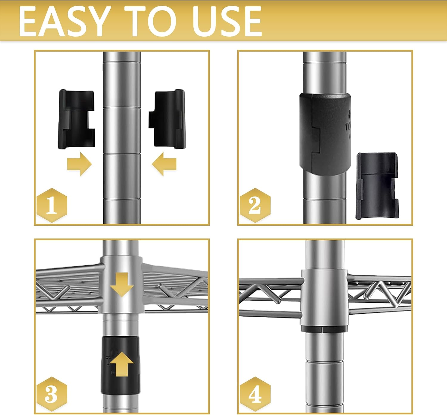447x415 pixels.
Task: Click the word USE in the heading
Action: click(227, 21)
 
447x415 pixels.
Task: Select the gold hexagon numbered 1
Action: click(52, 205)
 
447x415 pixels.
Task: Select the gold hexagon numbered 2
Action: click(255, 205)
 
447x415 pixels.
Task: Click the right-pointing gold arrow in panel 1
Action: click(80, 164)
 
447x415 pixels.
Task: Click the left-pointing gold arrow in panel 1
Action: click(164, 164)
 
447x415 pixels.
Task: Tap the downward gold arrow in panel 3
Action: click(122, 284)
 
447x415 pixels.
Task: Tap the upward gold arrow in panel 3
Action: click(122, 364)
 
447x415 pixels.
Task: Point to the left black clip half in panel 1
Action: click(77, 119)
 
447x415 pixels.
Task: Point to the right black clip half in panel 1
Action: click(167, 119)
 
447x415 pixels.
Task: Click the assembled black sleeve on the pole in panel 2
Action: click(325, 134)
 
